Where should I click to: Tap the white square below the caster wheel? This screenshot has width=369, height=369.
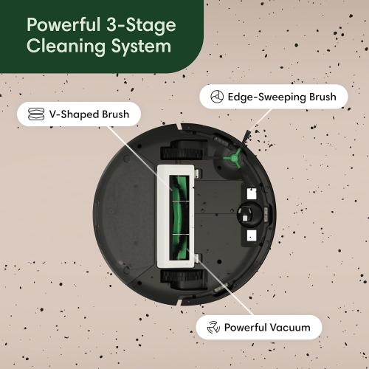(251, 237)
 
